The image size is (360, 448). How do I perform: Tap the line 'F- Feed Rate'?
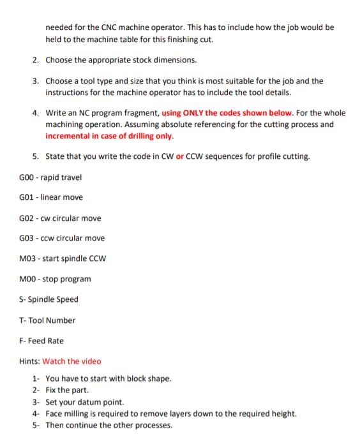(41, 341)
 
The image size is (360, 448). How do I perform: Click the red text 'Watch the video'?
(71, 361)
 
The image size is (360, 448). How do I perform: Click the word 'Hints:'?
(30, 361)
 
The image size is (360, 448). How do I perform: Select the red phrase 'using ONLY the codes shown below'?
(227, 112)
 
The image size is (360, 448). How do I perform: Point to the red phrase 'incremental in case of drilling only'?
(109, 135)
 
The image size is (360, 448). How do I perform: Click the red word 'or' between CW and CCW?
(179, 156)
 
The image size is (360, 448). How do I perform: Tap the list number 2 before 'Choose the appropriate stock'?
(35, 60)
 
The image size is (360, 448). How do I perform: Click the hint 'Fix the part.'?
(67, 390)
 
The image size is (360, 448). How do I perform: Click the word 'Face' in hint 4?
(55, 414)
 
